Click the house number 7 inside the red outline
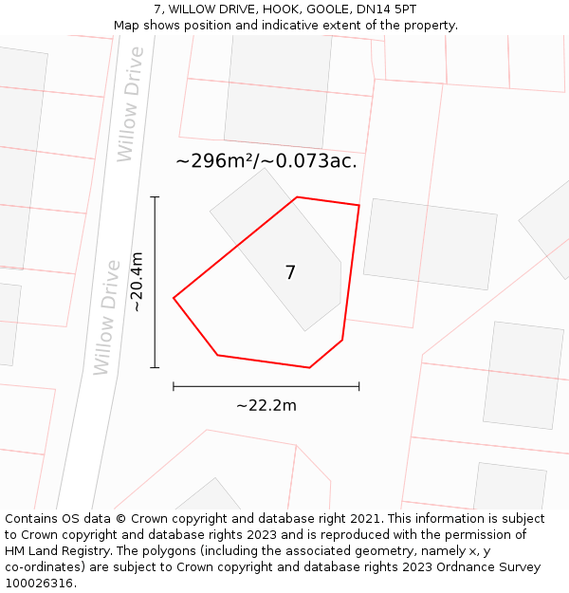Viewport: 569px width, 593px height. click(x=290, y=273)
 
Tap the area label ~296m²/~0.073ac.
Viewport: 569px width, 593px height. click(x=266, y=161)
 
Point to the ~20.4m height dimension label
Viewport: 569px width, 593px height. click(x=138, y=282)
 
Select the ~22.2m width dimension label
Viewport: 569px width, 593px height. click(x=266, y=406)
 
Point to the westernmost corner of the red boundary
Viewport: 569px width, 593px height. click(x=174, y=298)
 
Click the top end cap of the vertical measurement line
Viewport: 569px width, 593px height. click(x=155, y=197)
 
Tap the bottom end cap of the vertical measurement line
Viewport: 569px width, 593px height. click(x=155, y=367)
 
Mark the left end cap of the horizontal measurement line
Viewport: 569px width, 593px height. click(x=174, y=386)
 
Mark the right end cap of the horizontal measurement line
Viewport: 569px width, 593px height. click(x=358, y=386)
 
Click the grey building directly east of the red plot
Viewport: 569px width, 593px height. click(x=430, y=244)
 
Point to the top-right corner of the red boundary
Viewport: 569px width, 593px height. click(x=358, y=205)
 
